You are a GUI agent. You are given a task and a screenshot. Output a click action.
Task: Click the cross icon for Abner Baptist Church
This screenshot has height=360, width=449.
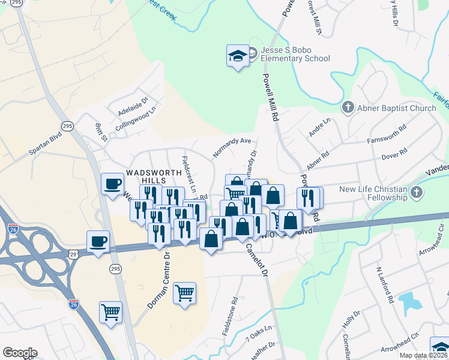coord(348,108)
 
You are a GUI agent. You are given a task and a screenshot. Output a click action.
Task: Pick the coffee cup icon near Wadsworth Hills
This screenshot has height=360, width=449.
coord(112,184)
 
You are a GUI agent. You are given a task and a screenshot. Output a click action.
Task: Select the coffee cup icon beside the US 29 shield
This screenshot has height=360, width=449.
coord(98,241)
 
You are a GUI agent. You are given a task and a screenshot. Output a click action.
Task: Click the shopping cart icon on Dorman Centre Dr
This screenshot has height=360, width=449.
coord(184,293)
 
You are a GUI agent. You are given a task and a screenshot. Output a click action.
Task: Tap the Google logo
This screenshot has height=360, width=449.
coord(20,353)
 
